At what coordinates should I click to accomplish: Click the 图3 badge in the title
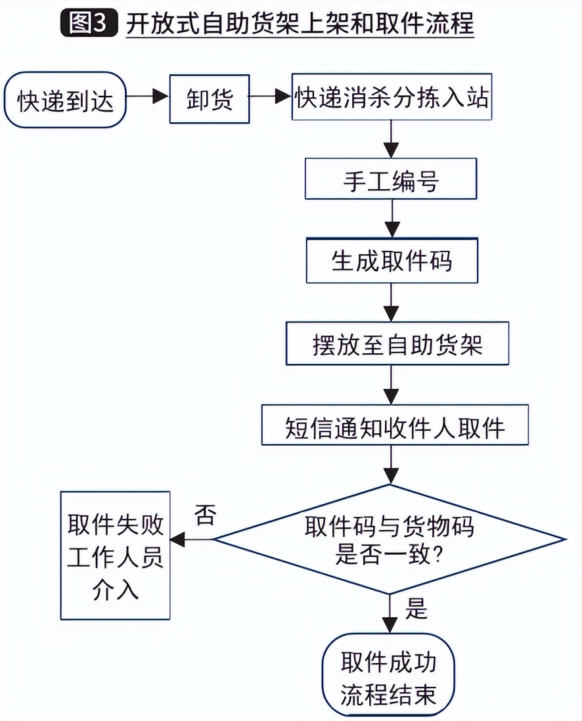click(x=87, y=24)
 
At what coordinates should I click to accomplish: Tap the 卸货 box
click(x=209, y=99)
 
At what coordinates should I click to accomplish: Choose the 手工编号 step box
click(x=391, y=178)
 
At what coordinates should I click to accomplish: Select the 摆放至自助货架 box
click(x=397, y=343)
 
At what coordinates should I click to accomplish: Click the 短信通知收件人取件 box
click(x=395, y=427)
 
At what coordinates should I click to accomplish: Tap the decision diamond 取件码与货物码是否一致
click(x=390, y=540)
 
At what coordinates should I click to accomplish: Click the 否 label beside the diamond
click(x=204, y=515)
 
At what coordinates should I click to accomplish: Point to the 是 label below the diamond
click(x=416, y=610)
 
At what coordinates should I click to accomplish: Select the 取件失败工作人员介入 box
click(x=115, y=555)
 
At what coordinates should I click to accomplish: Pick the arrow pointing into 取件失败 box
click(x=190, y=540)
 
